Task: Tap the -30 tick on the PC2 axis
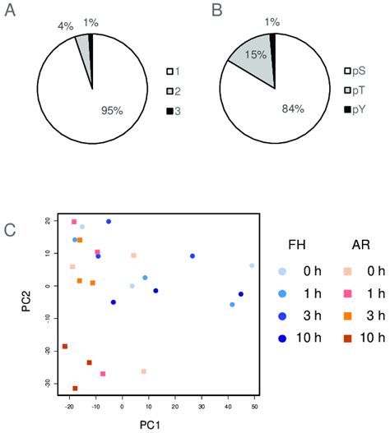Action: click(48, 383)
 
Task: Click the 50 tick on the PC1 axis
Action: click(253, 404)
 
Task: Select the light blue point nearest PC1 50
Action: click(252, 265)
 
